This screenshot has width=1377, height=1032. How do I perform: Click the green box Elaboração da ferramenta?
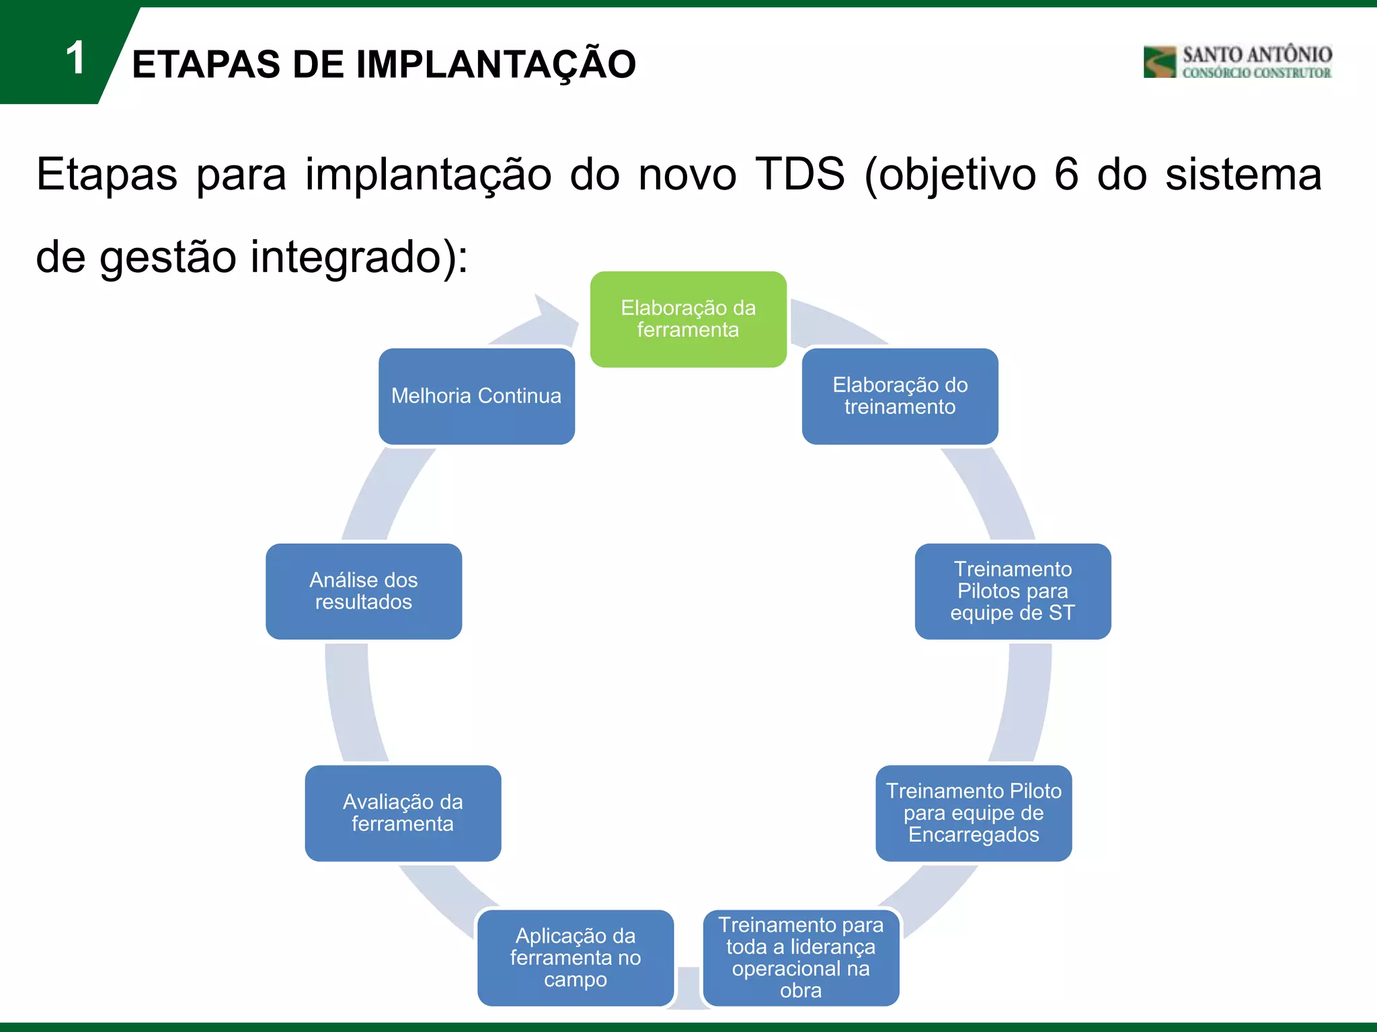tap(688, 319)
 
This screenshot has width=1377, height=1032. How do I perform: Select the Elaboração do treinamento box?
tap(900, 396)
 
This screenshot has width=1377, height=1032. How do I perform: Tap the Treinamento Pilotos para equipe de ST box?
tap(1013, 591)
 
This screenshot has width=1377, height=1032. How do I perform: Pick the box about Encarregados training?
tap(974, 813)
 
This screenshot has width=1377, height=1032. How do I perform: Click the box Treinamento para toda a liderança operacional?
tap(801, 957)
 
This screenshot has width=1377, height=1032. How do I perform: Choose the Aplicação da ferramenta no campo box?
tap(576, 957)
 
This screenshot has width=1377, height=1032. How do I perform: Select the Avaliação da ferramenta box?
tap(403, 813)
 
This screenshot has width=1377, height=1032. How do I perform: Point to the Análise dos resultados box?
tap(364, 591)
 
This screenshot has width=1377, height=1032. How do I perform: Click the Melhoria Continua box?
tap(476, 396)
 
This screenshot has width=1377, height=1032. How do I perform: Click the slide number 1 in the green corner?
tap(75, 58)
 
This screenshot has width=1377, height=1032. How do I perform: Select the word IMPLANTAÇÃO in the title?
tap(496, 64)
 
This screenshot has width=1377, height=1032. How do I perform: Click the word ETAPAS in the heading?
tap(206, 64)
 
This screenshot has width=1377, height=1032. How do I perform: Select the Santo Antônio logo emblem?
tap(1159, 62)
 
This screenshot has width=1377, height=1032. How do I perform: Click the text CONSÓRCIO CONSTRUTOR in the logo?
tap(1256, 73)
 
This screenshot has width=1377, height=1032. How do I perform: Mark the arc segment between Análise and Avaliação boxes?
tap(354, 702)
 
